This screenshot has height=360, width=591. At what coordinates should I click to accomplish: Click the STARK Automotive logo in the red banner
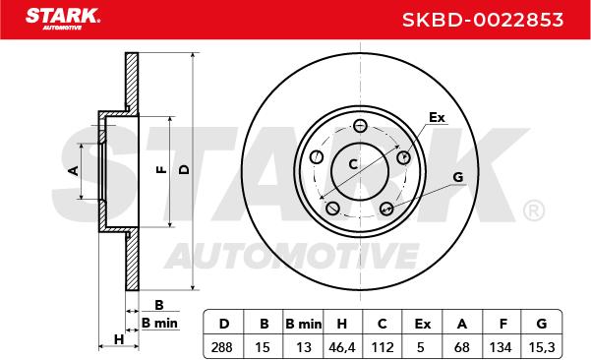point(63,19)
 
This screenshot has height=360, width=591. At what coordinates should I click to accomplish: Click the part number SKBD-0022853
point(483,20)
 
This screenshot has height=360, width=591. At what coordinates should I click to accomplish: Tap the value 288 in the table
point(221,347)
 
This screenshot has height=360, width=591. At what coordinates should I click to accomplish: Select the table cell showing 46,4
point(342,347)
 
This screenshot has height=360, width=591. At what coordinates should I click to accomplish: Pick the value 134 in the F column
point(501,347)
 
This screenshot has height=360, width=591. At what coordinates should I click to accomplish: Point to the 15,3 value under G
point(542,347)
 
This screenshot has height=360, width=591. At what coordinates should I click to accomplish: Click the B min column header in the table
point(304,324)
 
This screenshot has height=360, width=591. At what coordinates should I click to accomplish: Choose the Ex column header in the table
point(422,324)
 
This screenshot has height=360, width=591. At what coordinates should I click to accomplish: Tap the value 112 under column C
point(383,347)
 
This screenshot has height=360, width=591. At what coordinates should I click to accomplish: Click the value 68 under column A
point(462,347)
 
